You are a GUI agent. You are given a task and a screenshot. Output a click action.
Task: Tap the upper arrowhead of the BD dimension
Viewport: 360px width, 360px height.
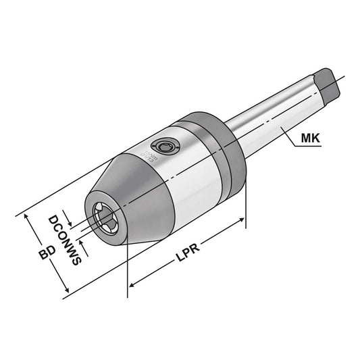pyautogui.click(x=28, y=216)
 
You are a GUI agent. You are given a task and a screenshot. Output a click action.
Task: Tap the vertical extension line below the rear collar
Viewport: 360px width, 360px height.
pyautogui.click(x=246, y=203)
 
